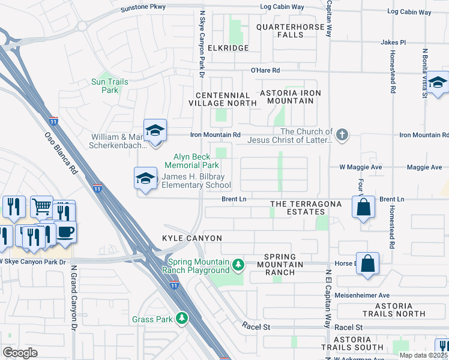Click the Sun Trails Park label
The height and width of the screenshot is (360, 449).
(106, 86)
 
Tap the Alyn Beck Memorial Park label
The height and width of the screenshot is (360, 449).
(192, 161)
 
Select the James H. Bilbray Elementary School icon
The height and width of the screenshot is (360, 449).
(145, 178)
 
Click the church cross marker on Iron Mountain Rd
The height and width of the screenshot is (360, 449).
(342, 134)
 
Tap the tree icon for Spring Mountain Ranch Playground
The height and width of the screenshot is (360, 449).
(238, 264)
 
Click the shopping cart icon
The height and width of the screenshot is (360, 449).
(41, 207)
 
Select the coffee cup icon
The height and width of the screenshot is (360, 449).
(65, 232)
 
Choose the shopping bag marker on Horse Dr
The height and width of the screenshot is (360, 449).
(367, 263)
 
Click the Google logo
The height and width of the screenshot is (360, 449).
(20, 353)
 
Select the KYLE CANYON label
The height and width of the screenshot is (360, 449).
(192, 239)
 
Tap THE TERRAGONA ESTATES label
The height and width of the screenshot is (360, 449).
(306, 208)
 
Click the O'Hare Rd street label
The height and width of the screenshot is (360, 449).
(265, 70)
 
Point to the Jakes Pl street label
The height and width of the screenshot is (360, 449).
(393, 43)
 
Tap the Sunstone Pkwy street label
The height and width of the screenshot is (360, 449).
(143, 9)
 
